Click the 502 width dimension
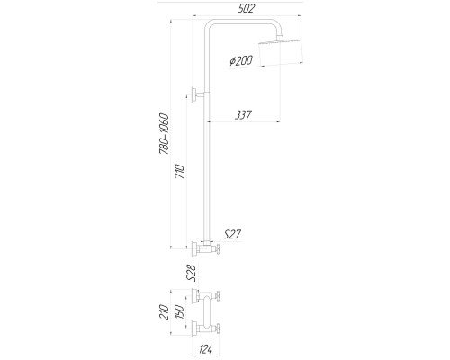(x=246, y=8)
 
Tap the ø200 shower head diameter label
(x=241, y=60)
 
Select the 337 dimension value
(x=243, y=115)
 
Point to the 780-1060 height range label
(x=165, y=134)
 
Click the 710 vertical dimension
(x=180, y=171)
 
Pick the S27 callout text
(x=232, y=234)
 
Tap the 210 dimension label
(x=164, y=312)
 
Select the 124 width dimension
(x=206, y=349)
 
